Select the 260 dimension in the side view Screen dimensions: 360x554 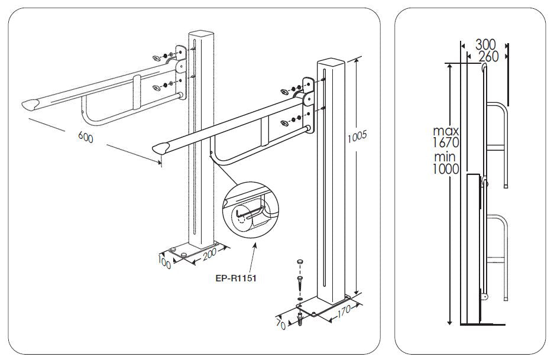488,56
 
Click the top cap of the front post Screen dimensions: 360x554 330,61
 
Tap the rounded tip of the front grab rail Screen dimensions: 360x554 158,148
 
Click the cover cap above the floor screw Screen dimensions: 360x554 301,261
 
